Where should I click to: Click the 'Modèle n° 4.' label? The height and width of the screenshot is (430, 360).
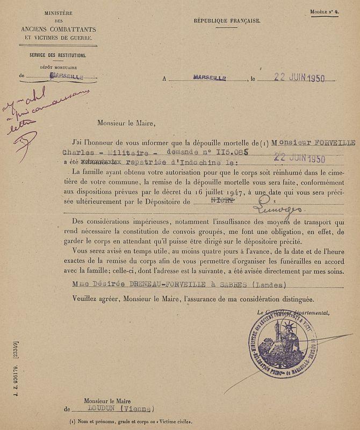point(324,12)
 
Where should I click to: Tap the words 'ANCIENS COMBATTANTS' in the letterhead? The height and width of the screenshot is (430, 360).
point(56,29)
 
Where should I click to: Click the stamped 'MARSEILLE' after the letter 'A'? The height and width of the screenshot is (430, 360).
point(210,77)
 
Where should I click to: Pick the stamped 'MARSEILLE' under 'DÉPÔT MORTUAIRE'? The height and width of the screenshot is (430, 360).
point(66,76)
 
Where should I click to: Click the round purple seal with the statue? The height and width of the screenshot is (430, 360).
point(283,346)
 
